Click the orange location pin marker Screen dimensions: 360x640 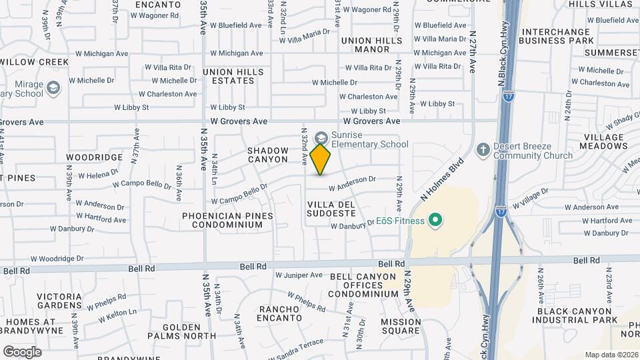[x=321, y=159]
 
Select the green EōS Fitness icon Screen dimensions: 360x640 [x=436, y=219]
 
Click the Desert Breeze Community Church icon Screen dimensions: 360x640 [x=484, y=150]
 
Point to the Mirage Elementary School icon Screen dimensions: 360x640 [x=53, y=87]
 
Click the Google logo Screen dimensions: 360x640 [x=22, y=351]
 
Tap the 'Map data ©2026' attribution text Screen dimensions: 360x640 [x=611, y=355]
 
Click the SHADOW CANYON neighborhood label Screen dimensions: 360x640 [x=267, y=155]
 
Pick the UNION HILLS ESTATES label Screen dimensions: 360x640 [x=233, y=76]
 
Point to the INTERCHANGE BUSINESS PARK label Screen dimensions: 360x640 [x=557, y=36]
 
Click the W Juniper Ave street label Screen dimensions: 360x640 [x=299, y=275]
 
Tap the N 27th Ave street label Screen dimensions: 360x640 [x=473, y=51]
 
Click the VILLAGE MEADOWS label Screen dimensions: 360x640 [x=604, y=141]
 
